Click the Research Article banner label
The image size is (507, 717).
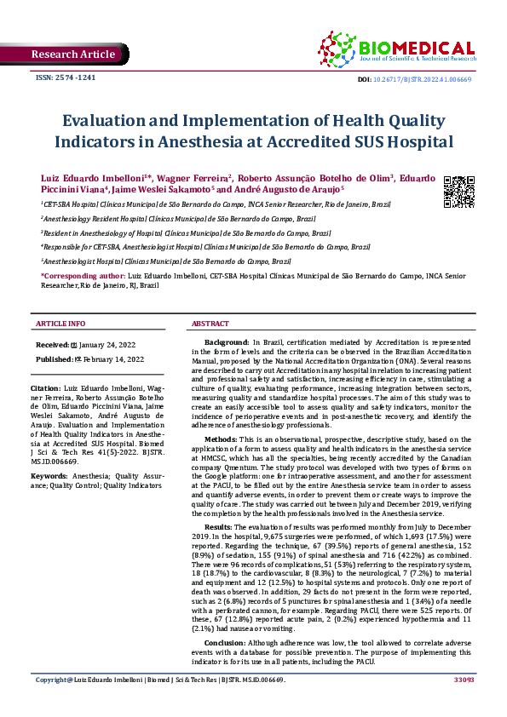coord(72,54)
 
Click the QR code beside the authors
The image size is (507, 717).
coord(458,192)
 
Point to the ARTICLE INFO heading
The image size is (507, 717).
coord(60,324)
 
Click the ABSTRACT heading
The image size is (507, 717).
coord(210,324)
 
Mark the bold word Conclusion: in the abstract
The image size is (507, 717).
coord(226,642)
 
